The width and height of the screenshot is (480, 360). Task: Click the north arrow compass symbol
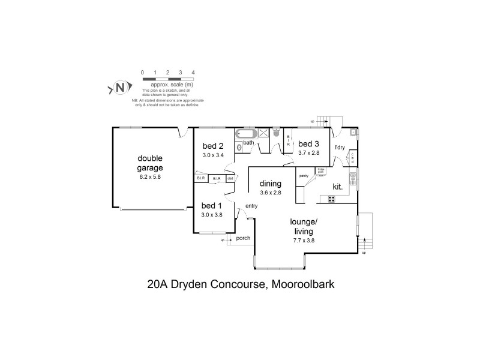click(119, 88)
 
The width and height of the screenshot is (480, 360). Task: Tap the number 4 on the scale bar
click(193, 73)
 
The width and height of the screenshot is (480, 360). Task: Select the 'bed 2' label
click(213, 146)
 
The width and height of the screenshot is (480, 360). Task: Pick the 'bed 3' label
click(309, 144)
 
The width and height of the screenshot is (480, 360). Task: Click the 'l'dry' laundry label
click(340, 147)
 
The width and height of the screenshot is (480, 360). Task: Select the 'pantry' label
click(304, 176)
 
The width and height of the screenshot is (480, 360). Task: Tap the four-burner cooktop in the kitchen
click(332, 199)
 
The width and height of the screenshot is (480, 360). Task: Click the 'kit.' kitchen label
click(338, 187)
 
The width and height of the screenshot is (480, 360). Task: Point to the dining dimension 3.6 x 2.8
click(271, 193)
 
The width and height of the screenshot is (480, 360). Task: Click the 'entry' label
click(251, 206)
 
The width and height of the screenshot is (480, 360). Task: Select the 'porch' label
click(243, 238)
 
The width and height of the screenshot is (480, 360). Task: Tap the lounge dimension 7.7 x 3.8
click(305, 241)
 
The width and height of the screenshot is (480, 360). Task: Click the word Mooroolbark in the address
click(300, 284)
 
